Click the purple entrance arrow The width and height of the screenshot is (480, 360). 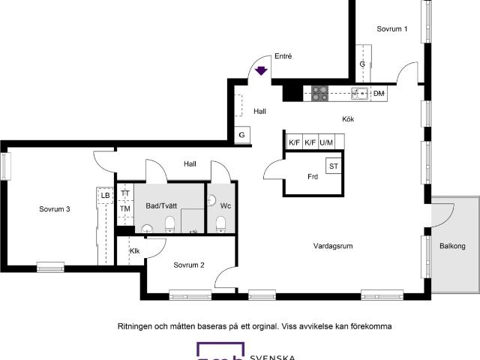[261, 71]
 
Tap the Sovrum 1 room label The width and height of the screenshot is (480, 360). [391, 29]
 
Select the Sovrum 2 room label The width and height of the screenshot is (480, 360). [189, 265]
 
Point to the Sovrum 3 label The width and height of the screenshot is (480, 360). [55, 209]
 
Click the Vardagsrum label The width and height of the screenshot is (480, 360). [333, 245]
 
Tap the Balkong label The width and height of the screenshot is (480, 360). [452, 246]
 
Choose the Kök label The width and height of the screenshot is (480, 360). [348, 119]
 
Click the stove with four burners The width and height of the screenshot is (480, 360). [320, 94]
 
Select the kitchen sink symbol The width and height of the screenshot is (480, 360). [359, 94]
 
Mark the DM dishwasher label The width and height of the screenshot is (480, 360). [379, 94]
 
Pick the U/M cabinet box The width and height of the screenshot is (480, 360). [326, 142]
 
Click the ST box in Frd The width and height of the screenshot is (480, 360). [333, 166]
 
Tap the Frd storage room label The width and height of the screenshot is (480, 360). [313, 177]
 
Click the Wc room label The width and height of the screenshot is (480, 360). [225, 205]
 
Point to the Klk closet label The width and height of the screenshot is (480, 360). [134, 250]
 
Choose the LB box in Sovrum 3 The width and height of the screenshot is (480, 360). [105, 195]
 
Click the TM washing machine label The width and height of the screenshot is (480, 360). [125, 208]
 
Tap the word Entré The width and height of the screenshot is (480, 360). [283, 56]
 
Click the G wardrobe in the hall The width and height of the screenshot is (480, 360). [241, 135]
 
